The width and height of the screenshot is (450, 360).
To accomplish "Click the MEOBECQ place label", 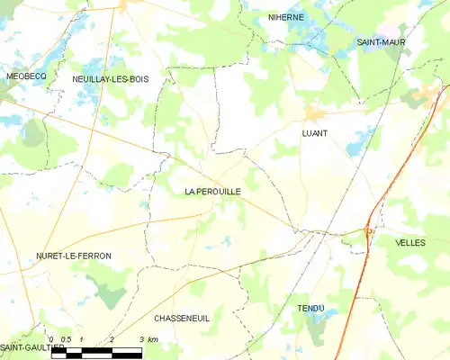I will point(26,76).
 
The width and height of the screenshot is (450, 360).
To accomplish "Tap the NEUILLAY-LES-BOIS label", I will point(110,79).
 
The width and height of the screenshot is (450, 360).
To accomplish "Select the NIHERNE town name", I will point(286,17).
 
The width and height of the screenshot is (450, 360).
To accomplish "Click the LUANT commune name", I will point(314,133).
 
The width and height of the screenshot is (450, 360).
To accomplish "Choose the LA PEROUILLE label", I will point(212,192).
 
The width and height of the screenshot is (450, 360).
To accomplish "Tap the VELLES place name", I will point(410,243).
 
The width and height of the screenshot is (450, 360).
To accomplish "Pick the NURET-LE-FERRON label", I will point(74,256).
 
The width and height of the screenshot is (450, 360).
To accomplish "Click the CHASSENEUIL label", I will point(182,319).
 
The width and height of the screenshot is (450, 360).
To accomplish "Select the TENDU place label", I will point(310,309).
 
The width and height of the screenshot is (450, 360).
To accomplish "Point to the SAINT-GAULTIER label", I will point(31,347).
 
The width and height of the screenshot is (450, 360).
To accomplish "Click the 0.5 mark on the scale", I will point(67,339).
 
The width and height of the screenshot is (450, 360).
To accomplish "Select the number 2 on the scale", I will point(112,339).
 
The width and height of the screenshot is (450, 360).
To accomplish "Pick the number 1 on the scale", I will point(82,339).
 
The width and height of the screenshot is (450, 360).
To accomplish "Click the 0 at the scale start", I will point(52,339).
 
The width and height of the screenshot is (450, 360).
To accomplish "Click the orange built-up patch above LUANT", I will point(313,112).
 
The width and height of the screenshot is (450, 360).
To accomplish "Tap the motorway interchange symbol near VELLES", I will point(368,232).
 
